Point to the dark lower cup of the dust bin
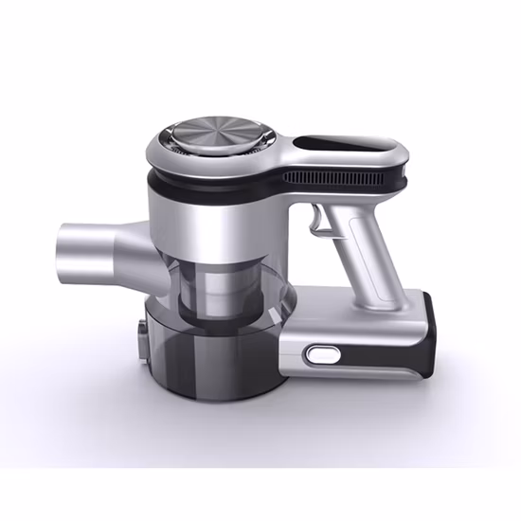213,360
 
